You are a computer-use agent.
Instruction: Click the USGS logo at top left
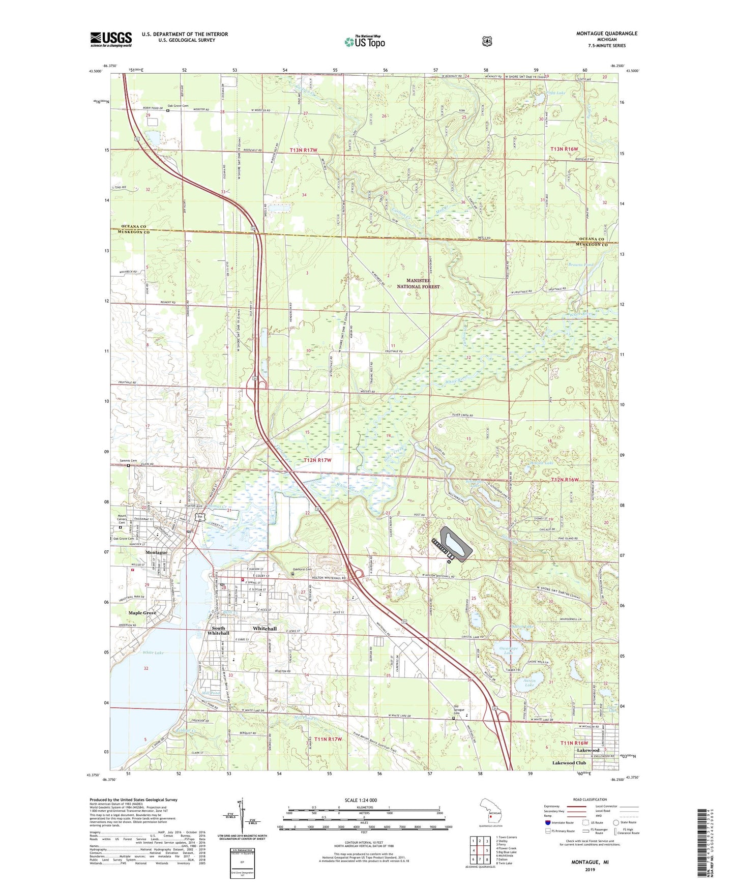click(x=111, y=39)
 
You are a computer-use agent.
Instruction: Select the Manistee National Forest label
click(x=419, y=284)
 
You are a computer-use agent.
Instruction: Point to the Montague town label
click(x=156, y=552)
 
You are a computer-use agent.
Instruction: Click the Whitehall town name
click(x=265, y=629)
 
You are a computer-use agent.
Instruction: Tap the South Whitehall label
click(x=218, y=631)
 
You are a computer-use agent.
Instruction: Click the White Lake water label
click(x=153, y=653)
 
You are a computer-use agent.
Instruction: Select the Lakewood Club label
click(x=569, y=763)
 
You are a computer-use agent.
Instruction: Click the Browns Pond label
click(x=580, y=265)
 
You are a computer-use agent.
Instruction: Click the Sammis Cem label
click(x=129, y=460)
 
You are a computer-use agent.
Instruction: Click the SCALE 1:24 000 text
click(x=361, y=800)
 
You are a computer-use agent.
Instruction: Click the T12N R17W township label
click(x=317, y=460)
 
